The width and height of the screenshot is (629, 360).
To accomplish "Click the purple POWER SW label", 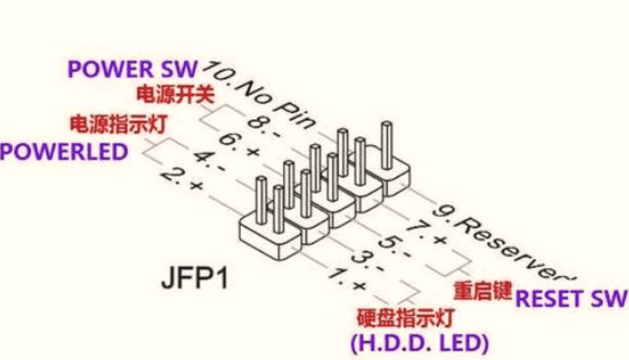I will [x=132, y=67].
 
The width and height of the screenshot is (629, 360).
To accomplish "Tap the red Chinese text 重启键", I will [x=482, y=291].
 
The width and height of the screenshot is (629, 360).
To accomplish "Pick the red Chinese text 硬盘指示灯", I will [x=405, y=318].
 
